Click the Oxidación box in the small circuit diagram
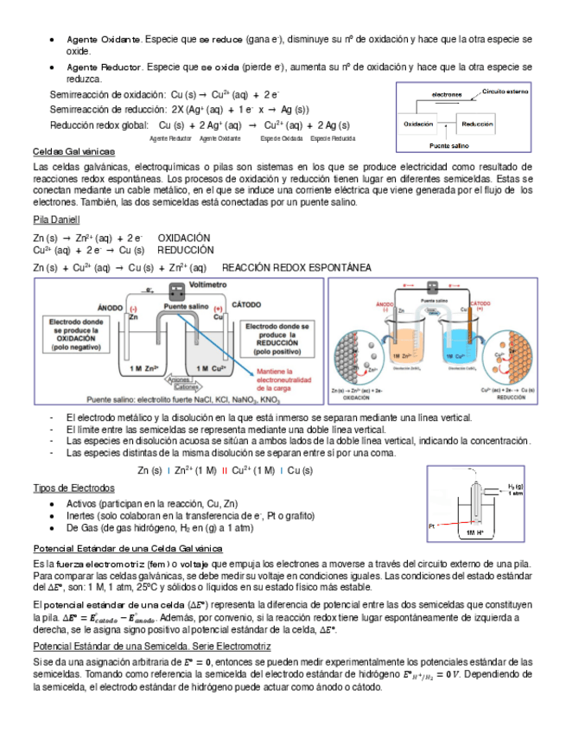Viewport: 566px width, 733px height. (x=419, y=124)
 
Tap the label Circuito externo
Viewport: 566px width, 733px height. (x=506, y=91)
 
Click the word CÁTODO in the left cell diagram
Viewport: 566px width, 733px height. (x=247, y=306)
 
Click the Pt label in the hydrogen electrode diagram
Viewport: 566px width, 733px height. (x=431, y=526)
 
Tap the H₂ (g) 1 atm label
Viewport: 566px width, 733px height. (x=516, y=489)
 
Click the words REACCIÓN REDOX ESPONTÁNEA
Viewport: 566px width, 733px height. (x=296, y=268)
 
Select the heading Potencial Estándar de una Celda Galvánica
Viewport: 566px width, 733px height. (x=127, y=548)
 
